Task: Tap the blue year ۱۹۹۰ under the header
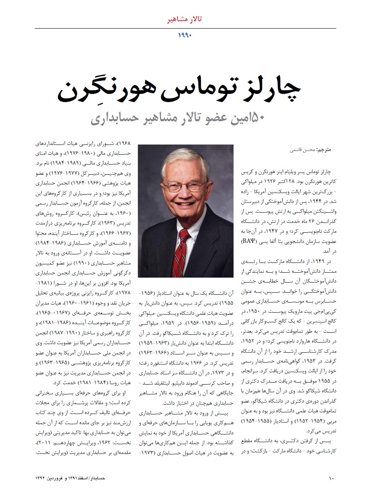tap(185, 35)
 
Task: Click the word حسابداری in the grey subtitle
tap(115, 119)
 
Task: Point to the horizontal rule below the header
tap(185, 28)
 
